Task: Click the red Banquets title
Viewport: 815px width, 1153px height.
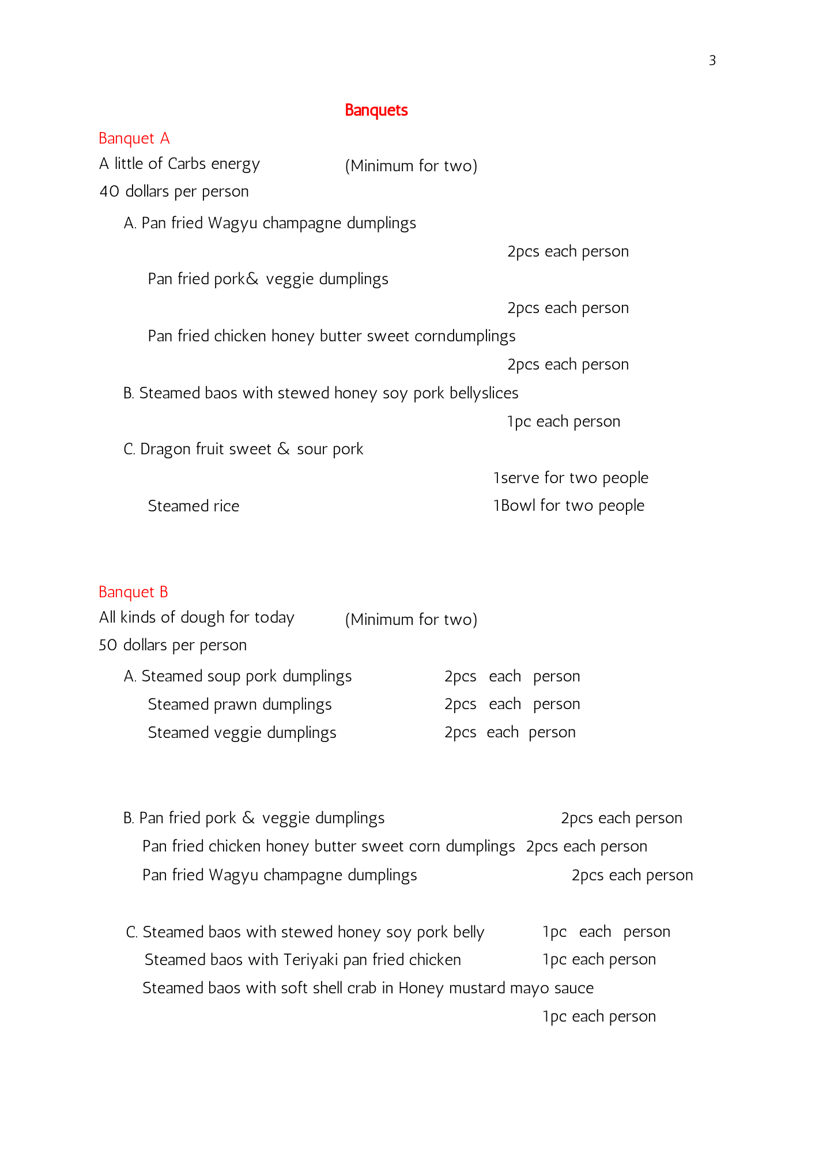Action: click(376, 110)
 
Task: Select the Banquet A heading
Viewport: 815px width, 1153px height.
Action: click(134, 138)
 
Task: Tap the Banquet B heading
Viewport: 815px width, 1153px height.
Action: click(133, 592)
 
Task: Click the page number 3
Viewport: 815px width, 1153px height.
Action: click(712, 61)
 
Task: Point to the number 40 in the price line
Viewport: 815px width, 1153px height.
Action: click(109, 191)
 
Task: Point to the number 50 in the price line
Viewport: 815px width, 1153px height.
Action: click(108, 645)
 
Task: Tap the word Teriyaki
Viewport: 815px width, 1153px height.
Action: click(311, 960)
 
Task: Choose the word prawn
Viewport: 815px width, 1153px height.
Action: click(238, 704)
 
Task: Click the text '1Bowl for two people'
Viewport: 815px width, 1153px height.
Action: click(568, 506)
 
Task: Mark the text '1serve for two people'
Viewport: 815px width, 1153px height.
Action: click(571, 478)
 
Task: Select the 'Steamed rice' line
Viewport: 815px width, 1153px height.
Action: click(193, 506)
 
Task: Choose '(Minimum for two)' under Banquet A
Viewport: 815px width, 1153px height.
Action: click(411, 166)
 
